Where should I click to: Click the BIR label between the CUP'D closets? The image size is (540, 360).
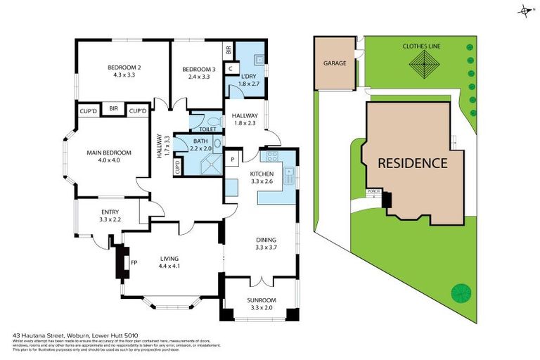[x=113, y=109]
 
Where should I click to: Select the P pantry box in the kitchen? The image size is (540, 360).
[x=233, y=160]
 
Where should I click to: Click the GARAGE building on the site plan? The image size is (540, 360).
[x=335, y=63]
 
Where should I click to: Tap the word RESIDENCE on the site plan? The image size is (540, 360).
[x=412, y=163]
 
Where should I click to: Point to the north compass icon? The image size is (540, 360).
[x=525, y=11]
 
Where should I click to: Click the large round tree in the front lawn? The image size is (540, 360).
[x=462, y=291]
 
